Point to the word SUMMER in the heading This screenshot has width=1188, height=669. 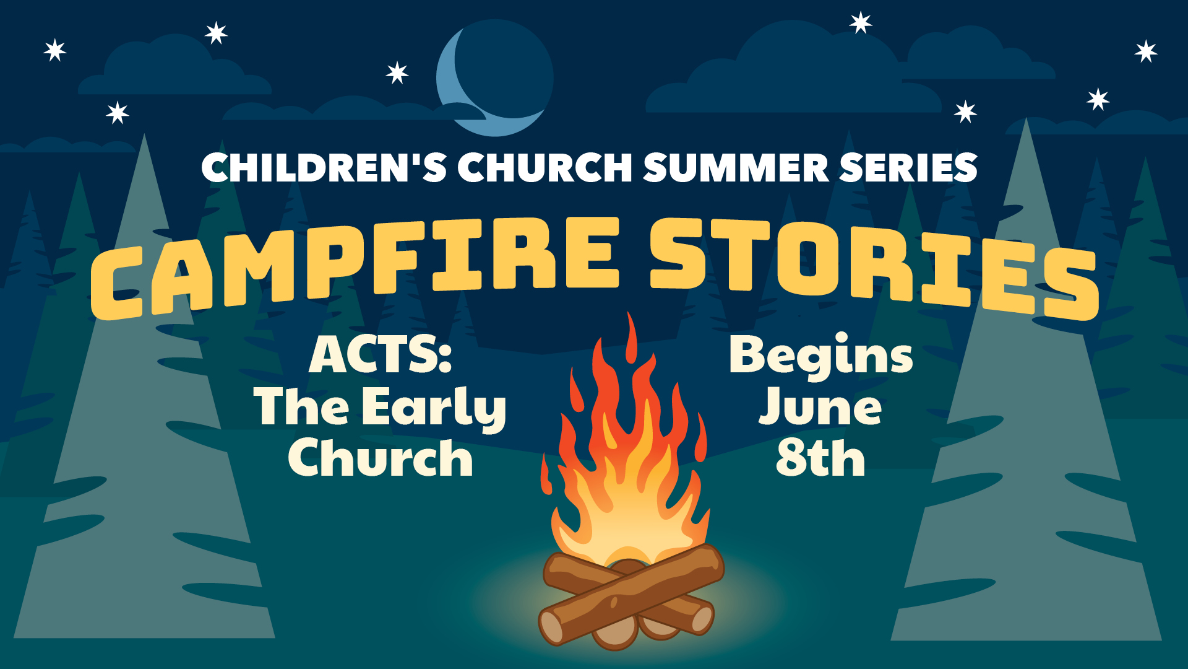tap(736, 167)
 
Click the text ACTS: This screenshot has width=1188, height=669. tap(381, 355)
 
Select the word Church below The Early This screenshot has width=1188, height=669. tap(381, 458)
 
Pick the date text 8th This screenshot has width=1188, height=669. tap(820, 458)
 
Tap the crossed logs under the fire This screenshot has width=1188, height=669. tap(631, 598)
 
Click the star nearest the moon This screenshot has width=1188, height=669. tap(397, 73)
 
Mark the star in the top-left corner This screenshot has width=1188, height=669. tap(55, 50)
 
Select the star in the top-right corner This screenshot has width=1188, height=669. tap(1146, 51)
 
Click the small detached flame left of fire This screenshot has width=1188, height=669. tap(546, 474)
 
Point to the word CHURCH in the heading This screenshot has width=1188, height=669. tap(544, 167)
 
